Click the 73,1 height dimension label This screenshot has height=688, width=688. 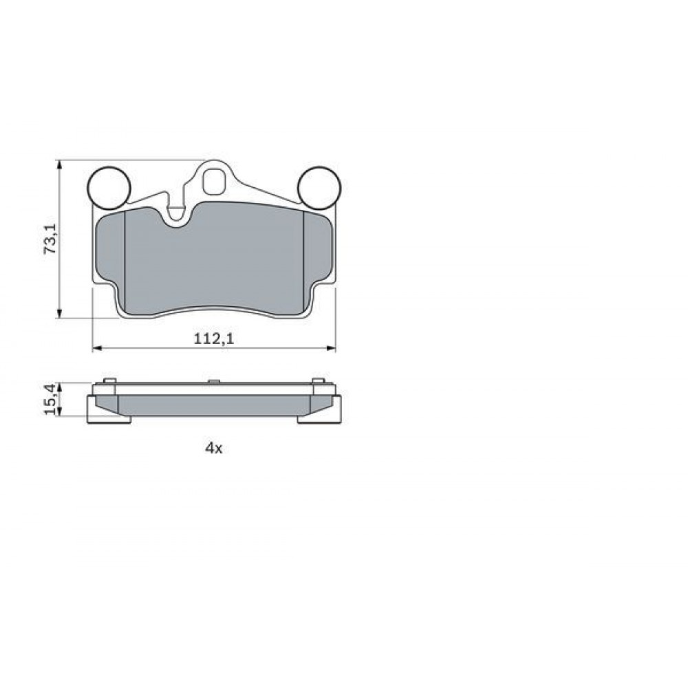(50, 238)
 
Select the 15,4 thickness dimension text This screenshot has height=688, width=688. (50, 398)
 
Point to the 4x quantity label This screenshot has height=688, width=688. (214, 448)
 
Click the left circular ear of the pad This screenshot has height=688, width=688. (109, 189)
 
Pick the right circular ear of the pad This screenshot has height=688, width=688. (319, 189)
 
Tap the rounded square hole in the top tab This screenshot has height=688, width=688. (215, 181)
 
